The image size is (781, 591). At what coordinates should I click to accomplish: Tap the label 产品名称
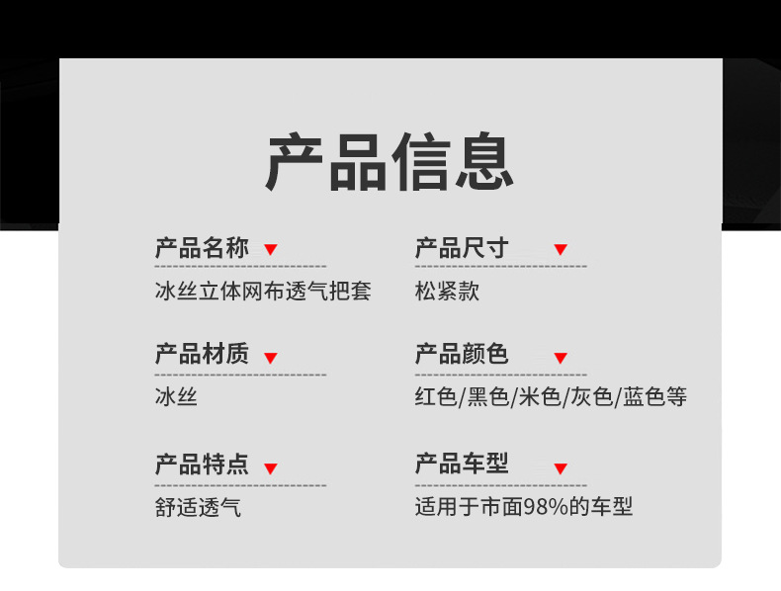pyautogui.click(x=202, y=248)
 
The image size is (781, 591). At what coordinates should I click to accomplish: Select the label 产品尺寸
pyautogui.click(x=462, y=248)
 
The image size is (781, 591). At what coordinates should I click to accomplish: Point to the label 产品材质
pyautogui.click(x=202, y=355)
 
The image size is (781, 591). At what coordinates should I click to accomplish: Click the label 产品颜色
pyautogui.click(x=462, y=355)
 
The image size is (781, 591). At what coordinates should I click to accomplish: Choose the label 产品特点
pyautogui.click(x=202, y=464)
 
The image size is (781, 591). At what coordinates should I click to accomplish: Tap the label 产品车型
pyautogui.click(x=462, y=464)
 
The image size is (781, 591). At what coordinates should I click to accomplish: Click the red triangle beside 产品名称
pyautogui.click(x=270, y=250)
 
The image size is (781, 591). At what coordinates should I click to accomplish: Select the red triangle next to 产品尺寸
pyautogui.click(x=560, y=250)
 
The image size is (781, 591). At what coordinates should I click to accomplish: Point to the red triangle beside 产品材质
pyautogui.click(x=270, y=358)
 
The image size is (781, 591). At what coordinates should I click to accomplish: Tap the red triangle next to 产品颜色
pyautogui.click(x=560, y=358)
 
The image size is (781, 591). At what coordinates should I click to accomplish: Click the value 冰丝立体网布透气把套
pyautogui.click(x=263, y=293)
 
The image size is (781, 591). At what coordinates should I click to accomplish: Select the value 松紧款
pyautogui.click(x=448, y=293)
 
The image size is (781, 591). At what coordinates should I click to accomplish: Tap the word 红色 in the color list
pyautogui.click(x=436, y=398)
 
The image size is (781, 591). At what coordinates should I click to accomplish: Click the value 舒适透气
pyautogui.click(x=198, y=508)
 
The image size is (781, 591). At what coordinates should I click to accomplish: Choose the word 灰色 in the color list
pyautogui.click(x=591, y=398)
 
